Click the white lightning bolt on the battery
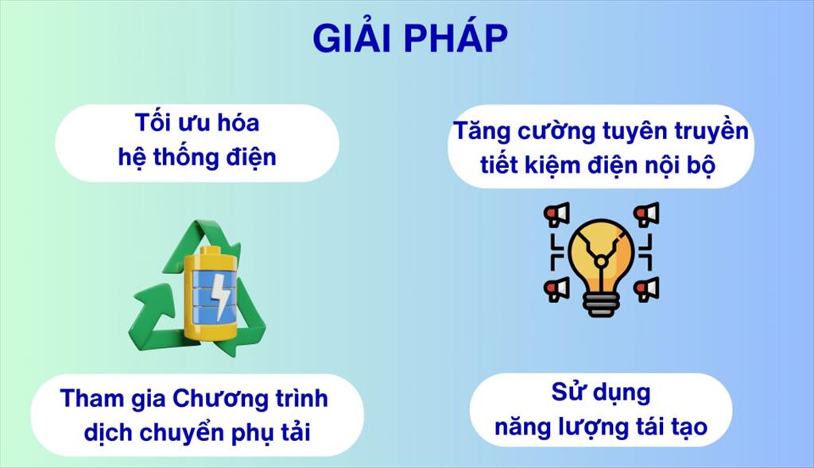(220, 296)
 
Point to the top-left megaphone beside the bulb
(556, 215)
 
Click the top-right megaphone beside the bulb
(646, 215)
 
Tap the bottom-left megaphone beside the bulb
(556, 289)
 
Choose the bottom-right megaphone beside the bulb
(646, 289)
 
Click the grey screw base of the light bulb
(601, 303)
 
